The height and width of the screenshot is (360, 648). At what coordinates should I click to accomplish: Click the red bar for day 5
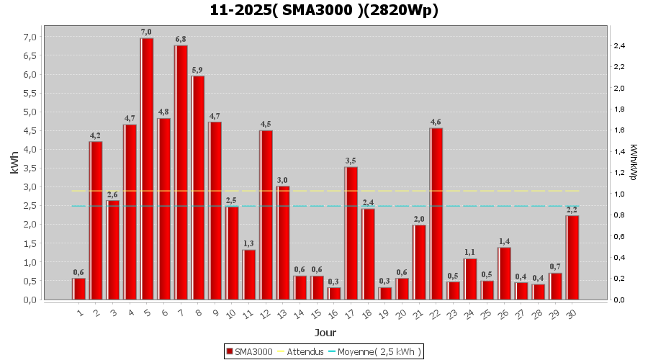tap(147, 168)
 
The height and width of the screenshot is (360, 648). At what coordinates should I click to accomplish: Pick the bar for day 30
tap(572, 257)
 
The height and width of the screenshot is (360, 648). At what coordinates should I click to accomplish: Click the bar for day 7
tap(181, 172)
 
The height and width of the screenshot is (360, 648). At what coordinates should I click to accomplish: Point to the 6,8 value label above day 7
tap(181, 39)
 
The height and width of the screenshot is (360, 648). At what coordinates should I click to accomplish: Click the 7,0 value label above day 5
tap(146, 32)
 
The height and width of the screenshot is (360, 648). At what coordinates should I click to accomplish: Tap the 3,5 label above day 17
tap(351, 161)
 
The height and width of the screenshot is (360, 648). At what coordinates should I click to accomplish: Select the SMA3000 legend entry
tap(249, 351)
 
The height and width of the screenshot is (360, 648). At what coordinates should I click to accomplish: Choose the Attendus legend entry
tap(301, 351)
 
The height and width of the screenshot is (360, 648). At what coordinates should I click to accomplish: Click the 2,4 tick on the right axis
tap(619, 46)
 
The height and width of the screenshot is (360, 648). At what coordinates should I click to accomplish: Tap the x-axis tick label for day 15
tap(316, 314)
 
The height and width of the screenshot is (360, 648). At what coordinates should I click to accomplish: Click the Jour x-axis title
tap(325, 333)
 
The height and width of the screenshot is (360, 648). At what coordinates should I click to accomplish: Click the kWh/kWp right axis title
tap(634, 162)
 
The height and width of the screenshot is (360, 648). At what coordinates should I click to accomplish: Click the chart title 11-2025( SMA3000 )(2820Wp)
tap(324, 11)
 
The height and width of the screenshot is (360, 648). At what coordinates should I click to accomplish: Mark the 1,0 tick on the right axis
tap(619, 194)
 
